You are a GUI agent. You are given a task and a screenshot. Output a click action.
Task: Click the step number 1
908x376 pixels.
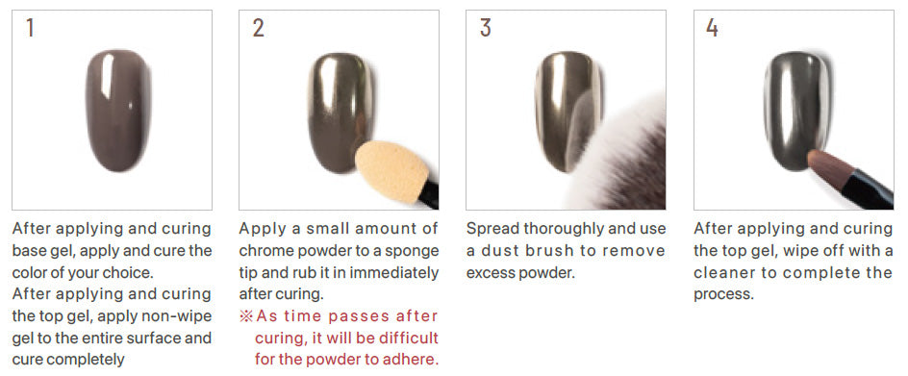point(30,28)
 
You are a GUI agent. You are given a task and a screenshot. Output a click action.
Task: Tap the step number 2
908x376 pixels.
point(259,28)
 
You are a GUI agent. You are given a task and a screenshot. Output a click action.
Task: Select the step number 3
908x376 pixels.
point(486,28)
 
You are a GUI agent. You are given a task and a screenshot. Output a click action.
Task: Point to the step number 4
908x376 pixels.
point(713,28)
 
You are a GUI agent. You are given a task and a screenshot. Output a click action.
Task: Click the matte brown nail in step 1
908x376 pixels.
point(118,110)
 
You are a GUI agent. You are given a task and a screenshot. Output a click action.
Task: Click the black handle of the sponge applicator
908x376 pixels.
point(430,197)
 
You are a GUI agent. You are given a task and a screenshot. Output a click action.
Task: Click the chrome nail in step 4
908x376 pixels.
point(796,112)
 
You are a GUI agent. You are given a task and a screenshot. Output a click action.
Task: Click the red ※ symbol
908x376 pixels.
point(245,316)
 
